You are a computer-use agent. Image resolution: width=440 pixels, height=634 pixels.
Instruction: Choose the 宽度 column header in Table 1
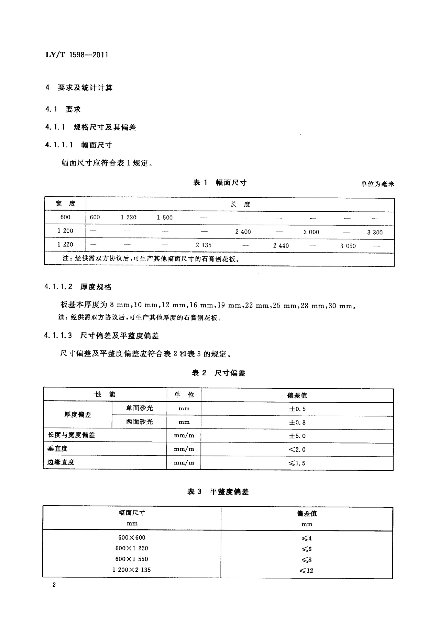[65, 204]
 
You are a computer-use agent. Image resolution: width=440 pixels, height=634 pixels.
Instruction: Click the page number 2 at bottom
[54, 592]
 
